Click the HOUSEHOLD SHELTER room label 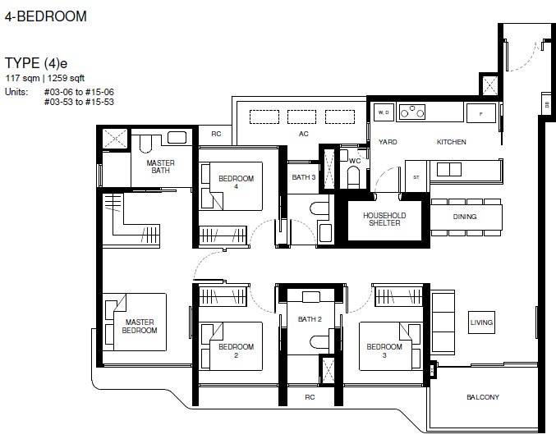[x=384, y=219]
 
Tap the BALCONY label [x=483, y=397]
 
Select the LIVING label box [x=481, y=322]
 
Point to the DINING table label [x=465, y=217]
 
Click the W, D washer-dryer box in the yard [x=384, y=112]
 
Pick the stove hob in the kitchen [x=412, y=112]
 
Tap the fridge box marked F [x=480, y=113]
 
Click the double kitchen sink [x=449, y=169]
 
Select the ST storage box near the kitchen [x=416, y=176]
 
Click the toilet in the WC [x=353, y=176]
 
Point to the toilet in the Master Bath [x=145, y=144]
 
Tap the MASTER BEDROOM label [x=140, y=327]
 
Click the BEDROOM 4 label [x=237, y=182]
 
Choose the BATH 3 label [x=304, y=177]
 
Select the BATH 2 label [x=310, y=319]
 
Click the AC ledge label [x=304, y=134]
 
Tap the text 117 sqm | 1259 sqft [x=45, y=78]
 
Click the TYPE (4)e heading [x=36, y=63]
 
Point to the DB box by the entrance [x=546, y=103]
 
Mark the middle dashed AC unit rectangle [x=301, y=117]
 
